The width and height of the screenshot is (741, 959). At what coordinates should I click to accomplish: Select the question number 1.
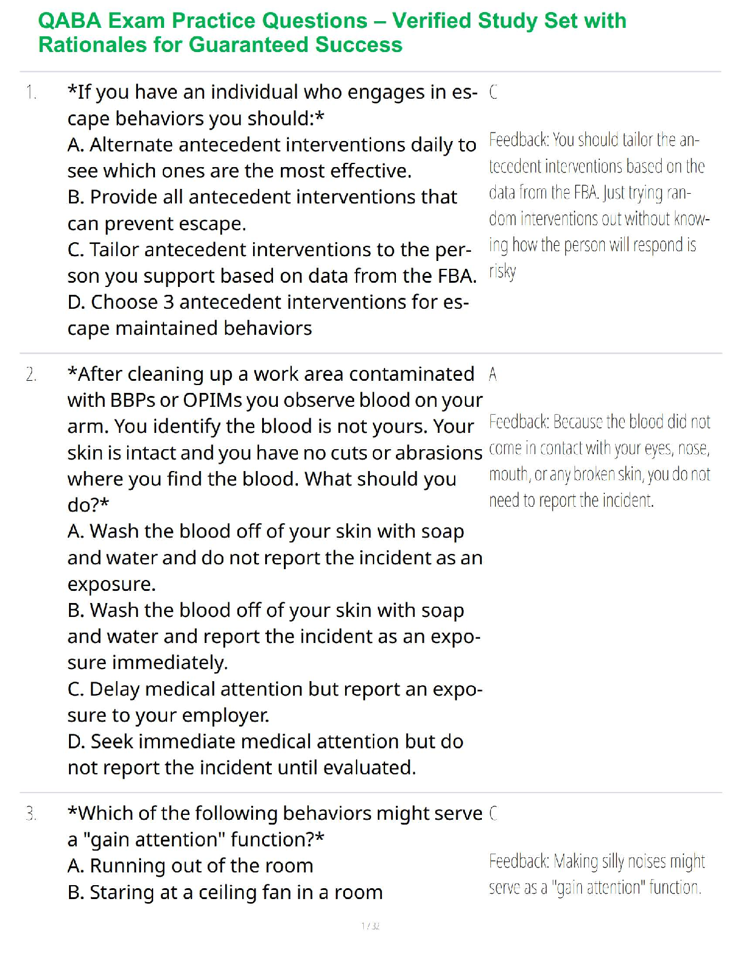[x=31, y=93]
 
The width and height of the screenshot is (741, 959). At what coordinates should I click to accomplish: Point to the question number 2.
[x=31, y=375]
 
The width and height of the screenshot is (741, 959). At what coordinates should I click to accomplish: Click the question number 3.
[x=31, y=814]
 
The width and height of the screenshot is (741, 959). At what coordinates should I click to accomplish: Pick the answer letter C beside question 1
[x=493, y=92]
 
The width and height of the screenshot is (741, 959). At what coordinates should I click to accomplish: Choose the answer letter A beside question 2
[x=493, y=374]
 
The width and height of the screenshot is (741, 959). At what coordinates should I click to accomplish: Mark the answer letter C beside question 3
[x=493, y=813]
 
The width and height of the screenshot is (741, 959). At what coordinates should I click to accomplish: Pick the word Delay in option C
[x=114, y=689]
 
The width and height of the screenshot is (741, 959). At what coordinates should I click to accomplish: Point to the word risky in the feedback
[x=502, y=271]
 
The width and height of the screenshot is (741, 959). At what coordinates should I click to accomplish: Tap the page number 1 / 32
[x=370, y=926]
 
